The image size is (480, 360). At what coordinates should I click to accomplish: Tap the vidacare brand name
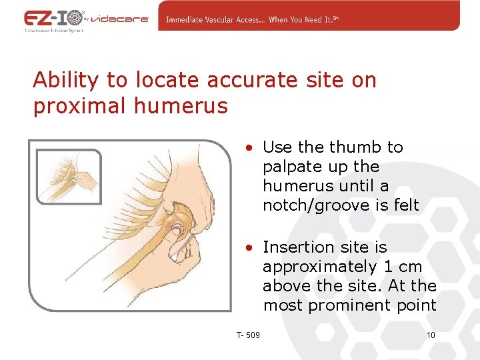point(125,19)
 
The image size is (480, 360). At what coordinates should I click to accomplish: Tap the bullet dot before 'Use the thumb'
point(248,147)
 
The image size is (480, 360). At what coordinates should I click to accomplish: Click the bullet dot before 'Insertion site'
point(248,248)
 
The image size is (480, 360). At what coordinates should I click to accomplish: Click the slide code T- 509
point(248,335)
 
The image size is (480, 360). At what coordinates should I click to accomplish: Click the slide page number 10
point(430,335)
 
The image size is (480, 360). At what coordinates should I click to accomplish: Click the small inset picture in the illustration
point(69,177)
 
